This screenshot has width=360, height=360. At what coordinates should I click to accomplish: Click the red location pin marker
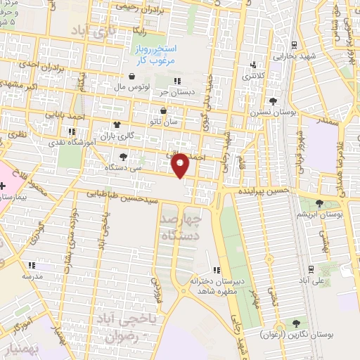(181, 165)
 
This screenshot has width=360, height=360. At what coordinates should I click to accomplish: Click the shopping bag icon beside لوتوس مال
(131, 77)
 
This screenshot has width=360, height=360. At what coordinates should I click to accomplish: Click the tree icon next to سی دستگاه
(124, 157)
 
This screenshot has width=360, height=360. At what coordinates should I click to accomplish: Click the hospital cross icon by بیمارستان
(4, 186)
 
